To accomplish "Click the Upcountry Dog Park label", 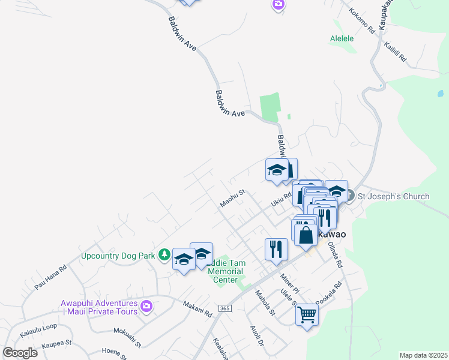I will [x=118, y=255].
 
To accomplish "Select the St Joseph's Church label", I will [x=393, y=196].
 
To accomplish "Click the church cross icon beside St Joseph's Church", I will [x=352, y=196].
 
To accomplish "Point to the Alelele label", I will [x=342, y=38].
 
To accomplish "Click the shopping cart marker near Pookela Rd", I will [x=307, y=313].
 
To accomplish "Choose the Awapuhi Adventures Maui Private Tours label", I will [x=99, y=307].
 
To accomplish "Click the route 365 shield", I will [x=224, y=308].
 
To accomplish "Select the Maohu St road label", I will [x=233, y=199].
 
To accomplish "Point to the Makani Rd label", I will [x=198, y=310].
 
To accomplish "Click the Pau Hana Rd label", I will [x=50, y=278].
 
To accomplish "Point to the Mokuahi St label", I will [x=127, y=338].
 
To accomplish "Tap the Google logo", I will [x=20, y=353].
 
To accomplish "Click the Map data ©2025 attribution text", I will [x=423, y=355].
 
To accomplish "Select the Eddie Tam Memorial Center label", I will [x=224, y=271].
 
